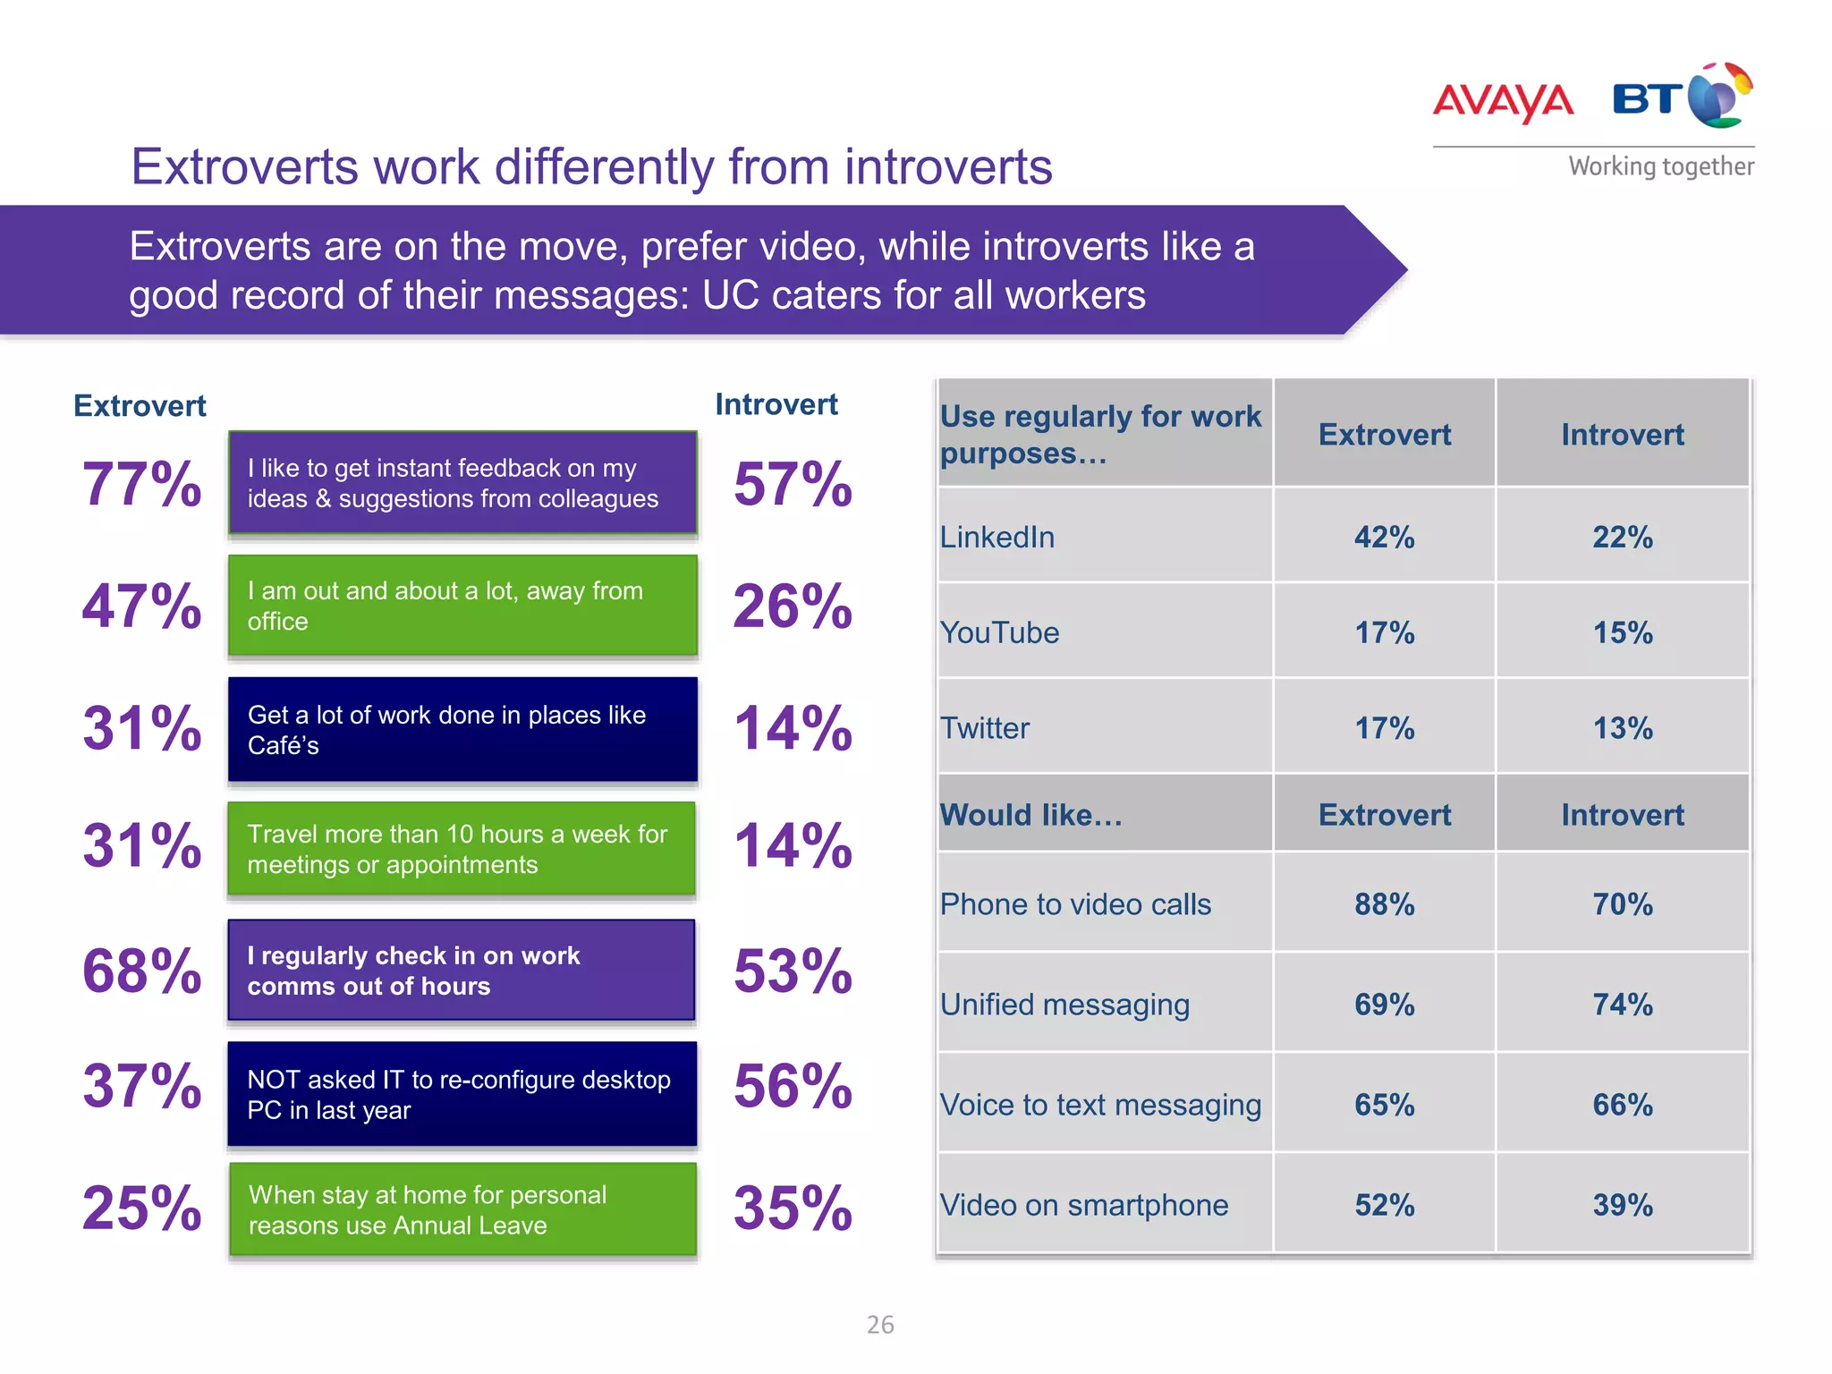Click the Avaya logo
[x=1503, y=100]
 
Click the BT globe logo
[x=1719, y=97]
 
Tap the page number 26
[x=880, y=1325]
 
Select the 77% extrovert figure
[x=141, y=484]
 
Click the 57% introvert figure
[x=793, y=484]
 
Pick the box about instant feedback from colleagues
[x=462, y=483]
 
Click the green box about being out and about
[x=462, y=606]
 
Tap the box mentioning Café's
[x=462, y=729]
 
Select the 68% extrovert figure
[x=141, y=971]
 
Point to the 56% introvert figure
[x=793, y=1086]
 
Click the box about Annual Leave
[x=462, y=1209]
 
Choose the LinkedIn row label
[x=997, y=537]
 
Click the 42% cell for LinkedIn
[x=1384, y=537]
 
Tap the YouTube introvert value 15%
[x=1622, y=632]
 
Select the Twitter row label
[x=985, y=728]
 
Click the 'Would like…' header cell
[x=1030, y=815]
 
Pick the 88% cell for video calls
[x=1384, y=903]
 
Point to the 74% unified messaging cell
[x=1622, y=1004]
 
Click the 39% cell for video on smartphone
[x=1622, y=1205]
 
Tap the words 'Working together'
[x=1660, y=166]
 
